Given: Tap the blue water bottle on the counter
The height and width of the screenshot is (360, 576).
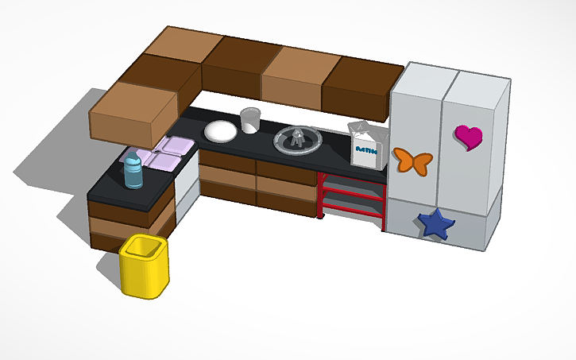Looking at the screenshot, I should (133, 173).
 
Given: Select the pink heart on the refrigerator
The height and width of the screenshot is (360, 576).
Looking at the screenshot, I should (470, 137).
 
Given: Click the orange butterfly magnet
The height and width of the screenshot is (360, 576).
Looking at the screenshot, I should (412, 161).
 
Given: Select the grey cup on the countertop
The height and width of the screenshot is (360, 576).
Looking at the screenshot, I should (250, 120).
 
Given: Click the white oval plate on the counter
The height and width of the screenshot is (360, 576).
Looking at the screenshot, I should (218, 130).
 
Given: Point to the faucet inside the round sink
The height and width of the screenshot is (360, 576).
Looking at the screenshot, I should (297, 137).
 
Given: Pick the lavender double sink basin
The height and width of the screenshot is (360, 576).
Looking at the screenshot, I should (164, 154).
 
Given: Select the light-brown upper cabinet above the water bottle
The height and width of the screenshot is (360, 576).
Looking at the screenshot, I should (133, 111).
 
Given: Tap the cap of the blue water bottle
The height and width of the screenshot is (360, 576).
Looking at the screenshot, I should (132, 160).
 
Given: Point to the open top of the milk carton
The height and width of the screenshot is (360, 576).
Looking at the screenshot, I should (364, 130).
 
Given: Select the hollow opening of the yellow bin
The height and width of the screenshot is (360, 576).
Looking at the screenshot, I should (145, 248).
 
